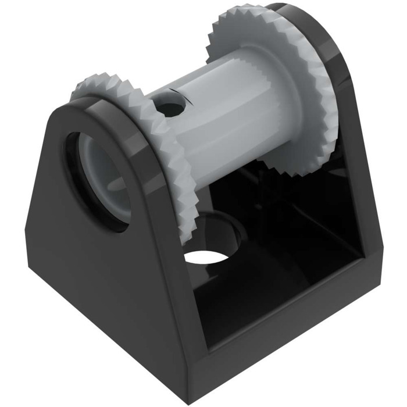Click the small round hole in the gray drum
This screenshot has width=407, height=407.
click(x=170, y=108)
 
